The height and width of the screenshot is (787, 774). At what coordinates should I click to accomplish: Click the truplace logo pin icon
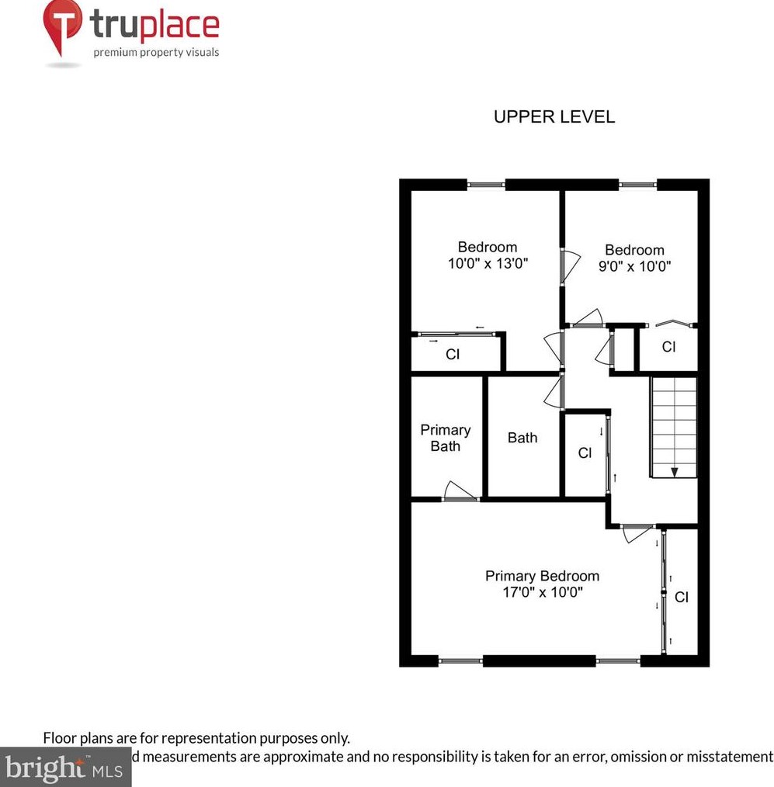click(x=63, y=25)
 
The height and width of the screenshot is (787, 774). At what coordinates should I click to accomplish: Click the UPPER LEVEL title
click(x=554, y=117)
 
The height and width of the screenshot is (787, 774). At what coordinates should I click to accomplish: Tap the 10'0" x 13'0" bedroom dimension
click(x=488, y=263)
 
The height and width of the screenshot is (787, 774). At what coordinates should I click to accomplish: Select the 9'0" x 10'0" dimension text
click(x=634, y=266)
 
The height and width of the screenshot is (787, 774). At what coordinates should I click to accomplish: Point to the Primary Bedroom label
click(x=542, y=576)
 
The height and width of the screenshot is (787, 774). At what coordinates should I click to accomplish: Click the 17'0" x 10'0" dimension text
click(x=542, y=593)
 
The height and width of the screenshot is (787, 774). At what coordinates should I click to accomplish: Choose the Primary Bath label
click(x=446, y=438)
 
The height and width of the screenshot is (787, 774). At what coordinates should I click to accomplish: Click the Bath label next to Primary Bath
click(x=522, y=438)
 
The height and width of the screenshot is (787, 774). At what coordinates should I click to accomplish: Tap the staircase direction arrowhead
click(x=674, y=471)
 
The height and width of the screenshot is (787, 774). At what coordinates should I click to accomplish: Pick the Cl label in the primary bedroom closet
click(x=681, y=598)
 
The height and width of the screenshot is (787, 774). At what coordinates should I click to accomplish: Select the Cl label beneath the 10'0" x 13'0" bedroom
click(x=453, y=355)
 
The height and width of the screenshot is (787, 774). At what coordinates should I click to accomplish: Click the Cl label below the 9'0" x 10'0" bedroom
click(x=668, y=347)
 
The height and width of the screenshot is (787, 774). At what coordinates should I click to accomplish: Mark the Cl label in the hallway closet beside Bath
click(x=585, y=453)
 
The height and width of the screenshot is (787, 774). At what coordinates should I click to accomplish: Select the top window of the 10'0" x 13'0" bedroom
click(x=486, y=185)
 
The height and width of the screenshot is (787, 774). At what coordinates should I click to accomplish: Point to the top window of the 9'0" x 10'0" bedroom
click(x=638, y=185)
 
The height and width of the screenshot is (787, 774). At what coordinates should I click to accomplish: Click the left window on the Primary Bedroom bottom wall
click(x=460, y=661)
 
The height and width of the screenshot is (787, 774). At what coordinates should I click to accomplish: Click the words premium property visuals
click(x=156, y=53)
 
